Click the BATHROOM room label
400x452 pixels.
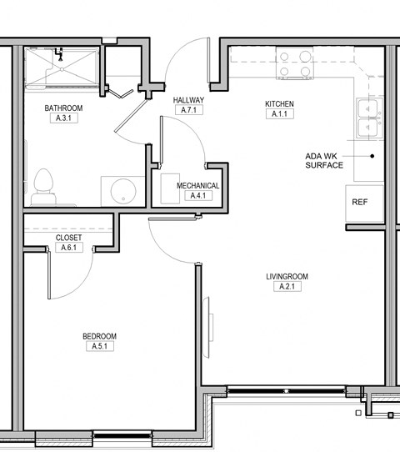coord(63,108)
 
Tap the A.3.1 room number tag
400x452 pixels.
coord(63,118)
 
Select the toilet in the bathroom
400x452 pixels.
coord(43,187)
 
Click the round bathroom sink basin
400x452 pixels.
coord(123,190)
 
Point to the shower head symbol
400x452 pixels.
coord(60,54)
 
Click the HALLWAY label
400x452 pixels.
coord(188,100)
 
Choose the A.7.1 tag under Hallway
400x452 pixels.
coord(189,110)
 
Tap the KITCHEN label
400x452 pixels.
coord(279,103)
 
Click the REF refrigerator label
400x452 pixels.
coord(360,202)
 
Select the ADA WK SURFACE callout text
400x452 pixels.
coord(324,161)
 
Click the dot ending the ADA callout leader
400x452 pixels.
coord(372,156)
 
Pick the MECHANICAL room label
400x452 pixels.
coord(197,186)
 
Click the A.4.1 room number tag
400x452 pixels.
coord(198,195)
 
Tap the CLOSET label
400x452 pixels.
coord(68,238)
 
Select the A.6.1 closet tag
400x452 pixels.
coord(69,248)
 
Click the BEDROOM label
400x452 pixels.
coord(100,336)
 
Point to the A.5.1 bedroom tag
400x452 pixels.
coord(100,346)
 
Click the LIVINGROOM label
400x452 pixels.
coord(287,276)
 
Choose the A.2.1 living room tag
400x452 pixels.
coord(287,287)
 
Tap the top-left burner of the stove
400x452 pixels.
coord(284,57)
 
